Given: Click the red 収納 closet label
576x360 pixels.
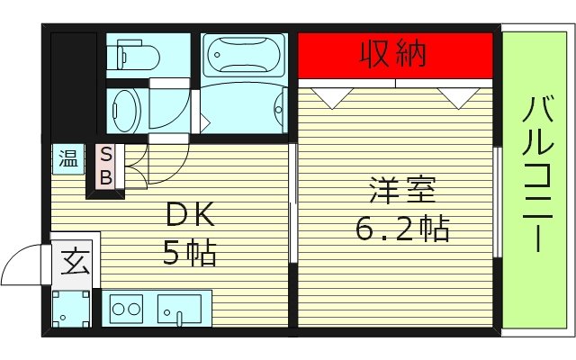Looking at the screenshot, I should click(x=393, y=55).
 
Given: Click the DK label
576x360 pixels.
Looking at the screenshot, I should click(x=190, y=217).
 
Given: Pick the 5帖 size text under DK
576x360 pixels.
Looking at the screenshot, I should click(x=190, y=255).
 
